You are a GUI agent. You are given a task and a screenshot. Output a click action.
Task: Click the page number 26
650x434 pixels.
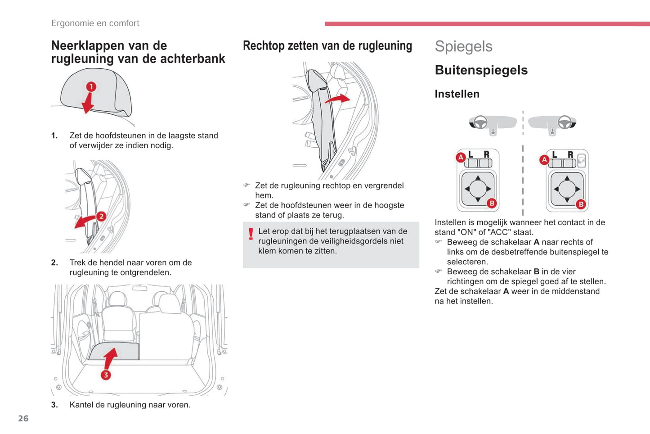coord(23,418)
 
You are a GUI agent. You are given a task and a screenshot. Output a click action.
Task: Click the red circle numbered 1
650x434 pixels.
coord(91,86)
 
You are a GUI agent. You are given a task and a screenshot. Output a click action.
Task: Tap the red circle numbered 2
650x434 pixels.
coord(101,216)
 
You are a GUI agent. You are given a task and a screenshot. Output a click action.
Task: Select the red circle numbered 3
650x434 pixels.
coord(106,375)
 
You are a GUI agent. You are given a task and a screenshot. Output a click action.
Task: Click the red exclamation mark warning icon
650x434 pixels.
coord(251,234)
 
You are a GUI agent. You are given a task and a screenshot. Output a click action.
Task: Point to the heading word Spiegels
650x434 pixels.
coord(463,46)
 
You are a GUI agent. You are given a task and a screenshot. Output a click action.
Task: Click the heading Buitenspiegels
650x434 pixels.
coord(481,70)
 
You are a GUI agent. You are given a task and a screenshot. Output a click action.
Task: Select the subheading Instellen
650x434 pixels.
coord(457,94)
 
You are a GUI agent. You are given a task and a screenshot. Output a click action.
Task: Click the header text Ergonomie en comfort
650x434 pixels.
coord(95,23)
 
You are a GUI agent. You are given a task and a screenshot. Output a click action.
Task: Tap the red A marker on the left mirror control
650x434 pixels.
coord(461,157)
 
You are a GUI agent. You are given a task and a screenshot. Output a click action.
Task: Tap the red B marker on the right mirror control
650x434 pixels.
coord(581,204)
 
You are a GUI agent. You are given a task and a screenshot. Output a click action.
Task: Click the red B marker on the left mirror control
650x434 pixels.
coord(492,203)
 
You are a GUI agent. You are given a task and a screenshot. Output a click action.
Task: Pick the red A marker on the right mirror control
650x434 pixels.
coord(544,159)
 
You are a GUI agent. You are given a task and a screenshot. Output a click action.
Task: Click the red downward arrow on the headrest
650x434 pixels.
coord(88,104)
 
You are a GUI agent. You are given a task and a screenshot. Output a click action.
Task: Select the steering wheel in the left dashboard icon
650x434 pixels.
coord(480,122)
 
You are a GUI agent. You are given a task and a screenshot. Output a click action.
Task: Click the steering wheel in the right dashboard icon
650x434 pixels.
coord(565,122)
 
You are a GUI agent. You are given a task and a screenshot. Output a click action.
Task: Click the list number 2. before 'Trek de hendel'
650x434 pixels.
coord(54,262)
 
